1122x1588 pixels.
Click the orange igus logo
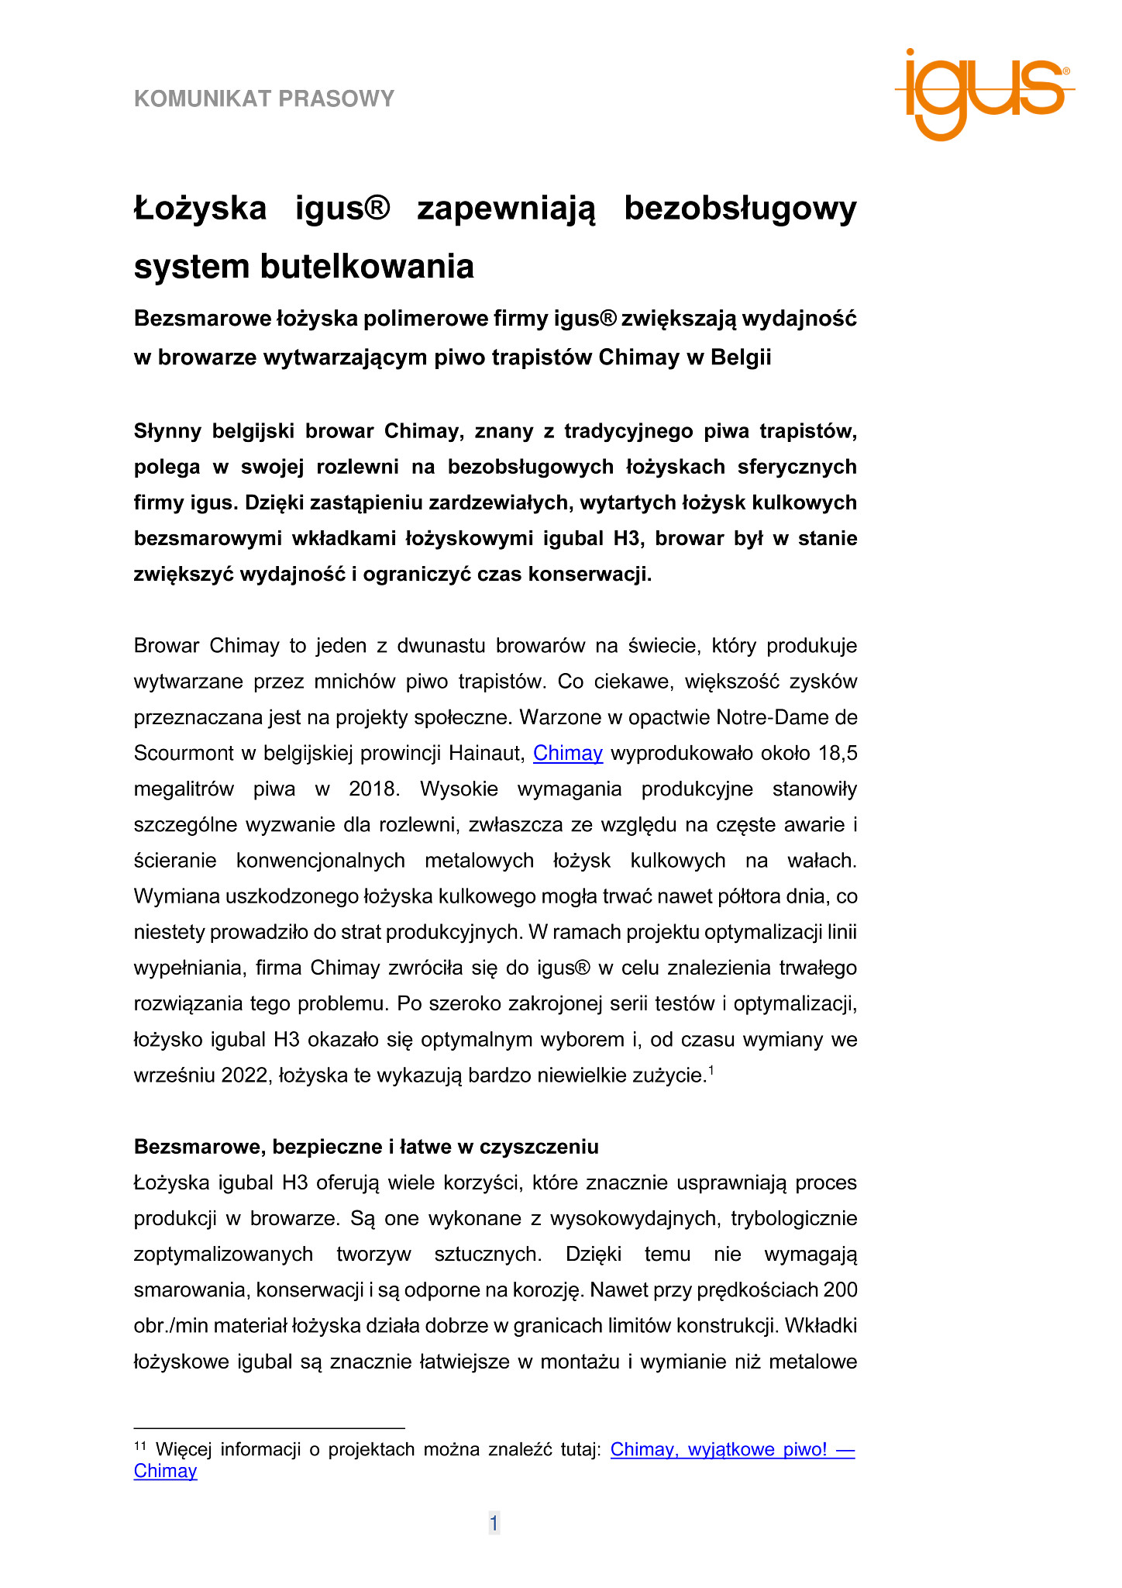tap(983, 93)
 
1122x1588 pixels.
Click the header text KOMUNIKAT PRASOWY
tap(264, 98)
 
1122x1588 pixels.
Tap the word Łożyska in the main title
tap(201, 209)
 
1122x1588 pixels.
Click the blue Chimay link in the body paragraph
tap(568, 753)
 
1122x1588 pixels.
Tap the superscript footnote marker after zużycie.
tap(711, 1071)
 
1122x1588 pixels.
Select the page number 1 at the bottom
tap(494, 1523)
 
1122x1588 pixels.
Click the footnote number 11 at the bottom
tap(140, 1446)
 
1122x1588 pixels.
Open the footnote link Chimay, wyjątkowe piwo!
tap(731, 1449)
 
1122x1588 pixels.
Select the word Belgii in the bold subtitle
tap(741, 357)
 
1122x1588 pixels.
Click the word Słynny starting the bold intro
tap(167, 431)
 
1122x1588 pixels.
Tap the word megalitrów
tap(184, 789)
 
